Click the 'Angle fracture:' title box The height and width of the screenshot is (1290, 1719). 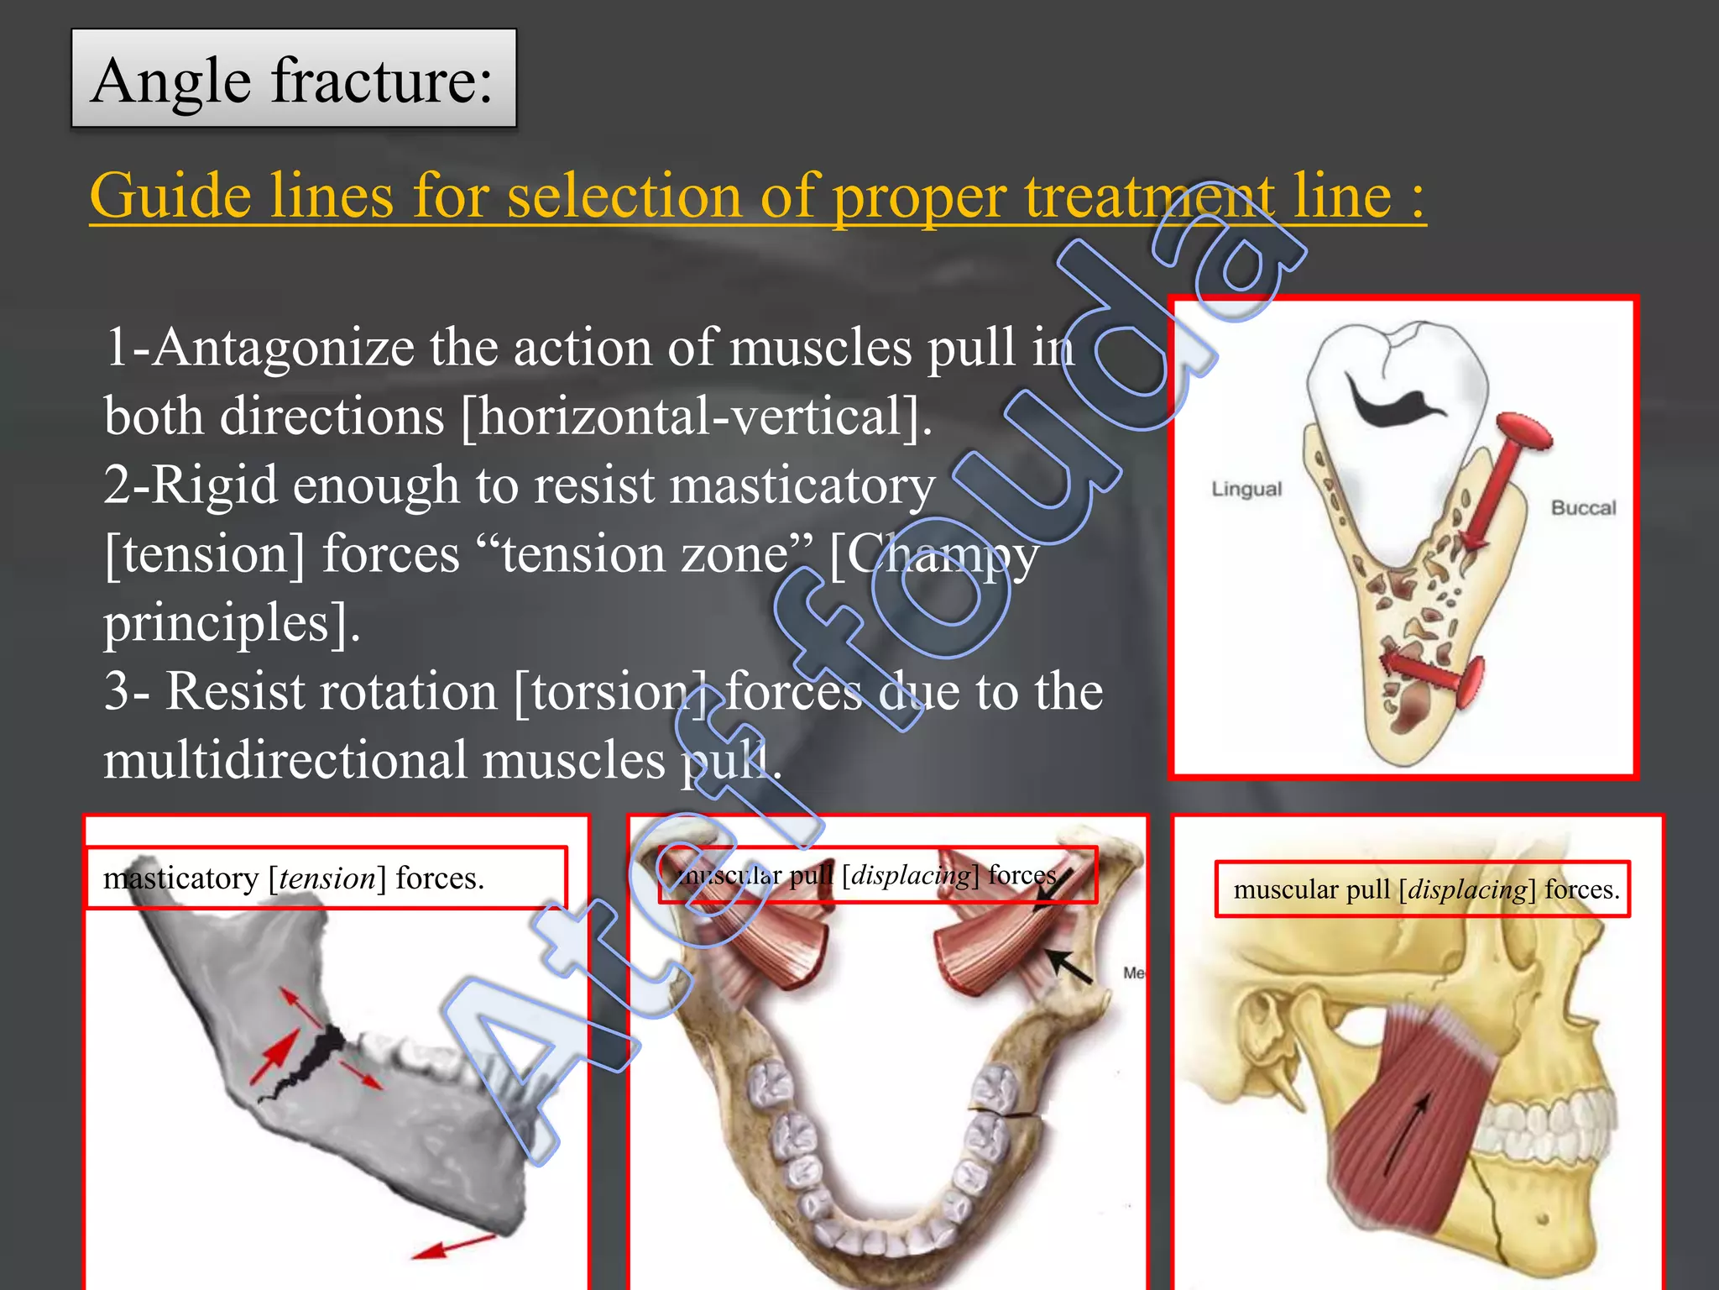click(293, 79)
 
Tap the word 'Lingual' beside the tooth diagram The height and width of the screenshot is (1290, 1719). click(1246, 489)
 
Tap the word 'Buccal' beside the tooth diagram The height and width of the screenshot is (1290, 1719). click(1583, 507)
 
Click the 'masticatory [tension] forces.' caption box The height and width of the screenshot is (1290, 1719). click(327, 878)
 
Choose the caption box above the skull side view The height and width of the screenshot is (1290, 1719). click(1423, 889)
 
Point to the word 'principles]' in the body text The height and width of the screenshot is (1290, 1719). click(231, 623)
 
